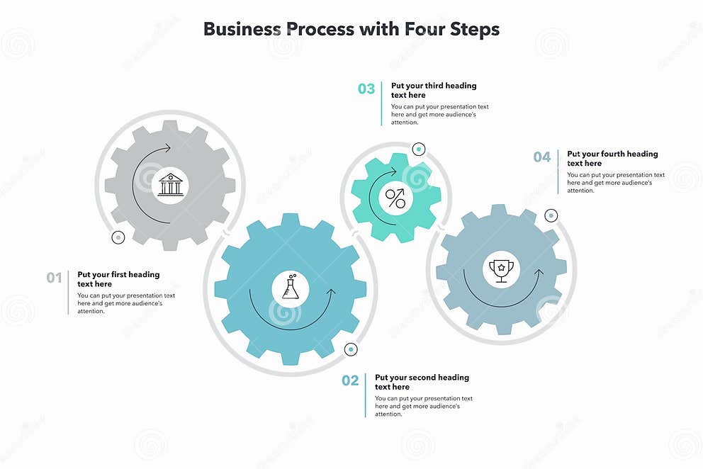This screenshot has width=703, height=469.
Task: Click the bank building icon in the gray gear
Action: click(171, 185)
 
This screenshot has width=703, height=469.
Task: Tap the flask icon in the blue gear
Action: click(290, 289)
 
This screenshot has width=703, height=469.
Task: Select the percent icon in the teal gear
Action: click(395, 198)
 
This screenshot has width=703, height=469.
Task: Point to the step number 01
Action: click(55, 278)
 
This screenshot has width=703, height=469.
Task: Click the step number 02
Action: click(351, 381)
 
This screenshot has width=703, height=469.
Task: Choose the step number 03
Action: click(366, 89)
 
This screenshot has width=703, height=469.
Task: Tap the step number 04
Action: click(542, 157)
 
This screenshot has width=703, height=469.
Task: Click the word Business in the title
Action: click(241, 29)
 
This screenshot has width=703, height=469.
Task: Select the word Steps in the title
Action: click(474, 29)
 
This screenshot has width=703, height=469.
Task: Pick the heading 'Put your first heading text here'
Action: click(118, 279)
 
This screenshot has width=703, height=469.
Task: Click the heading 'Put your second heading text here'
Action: click(422, 382)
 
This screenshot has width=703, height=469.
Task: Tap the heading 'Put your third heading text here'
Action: click(434, 90)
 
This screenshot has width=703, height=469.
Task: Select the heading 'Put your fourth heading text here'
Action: click(612, 158)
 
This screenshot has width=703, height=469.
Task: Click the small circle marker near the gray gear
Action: click(118, 238)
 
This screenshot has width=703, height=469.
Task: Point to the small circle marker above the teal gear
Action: click(419, 149)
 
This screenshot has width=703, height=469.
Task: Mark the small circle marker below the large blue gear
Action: click(351, 349)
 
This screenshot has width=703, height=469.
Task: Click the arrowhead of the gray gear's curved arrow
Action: click(168, 148)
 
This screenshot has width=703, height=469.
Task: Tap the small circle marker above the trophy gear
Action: click(551, 215)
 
